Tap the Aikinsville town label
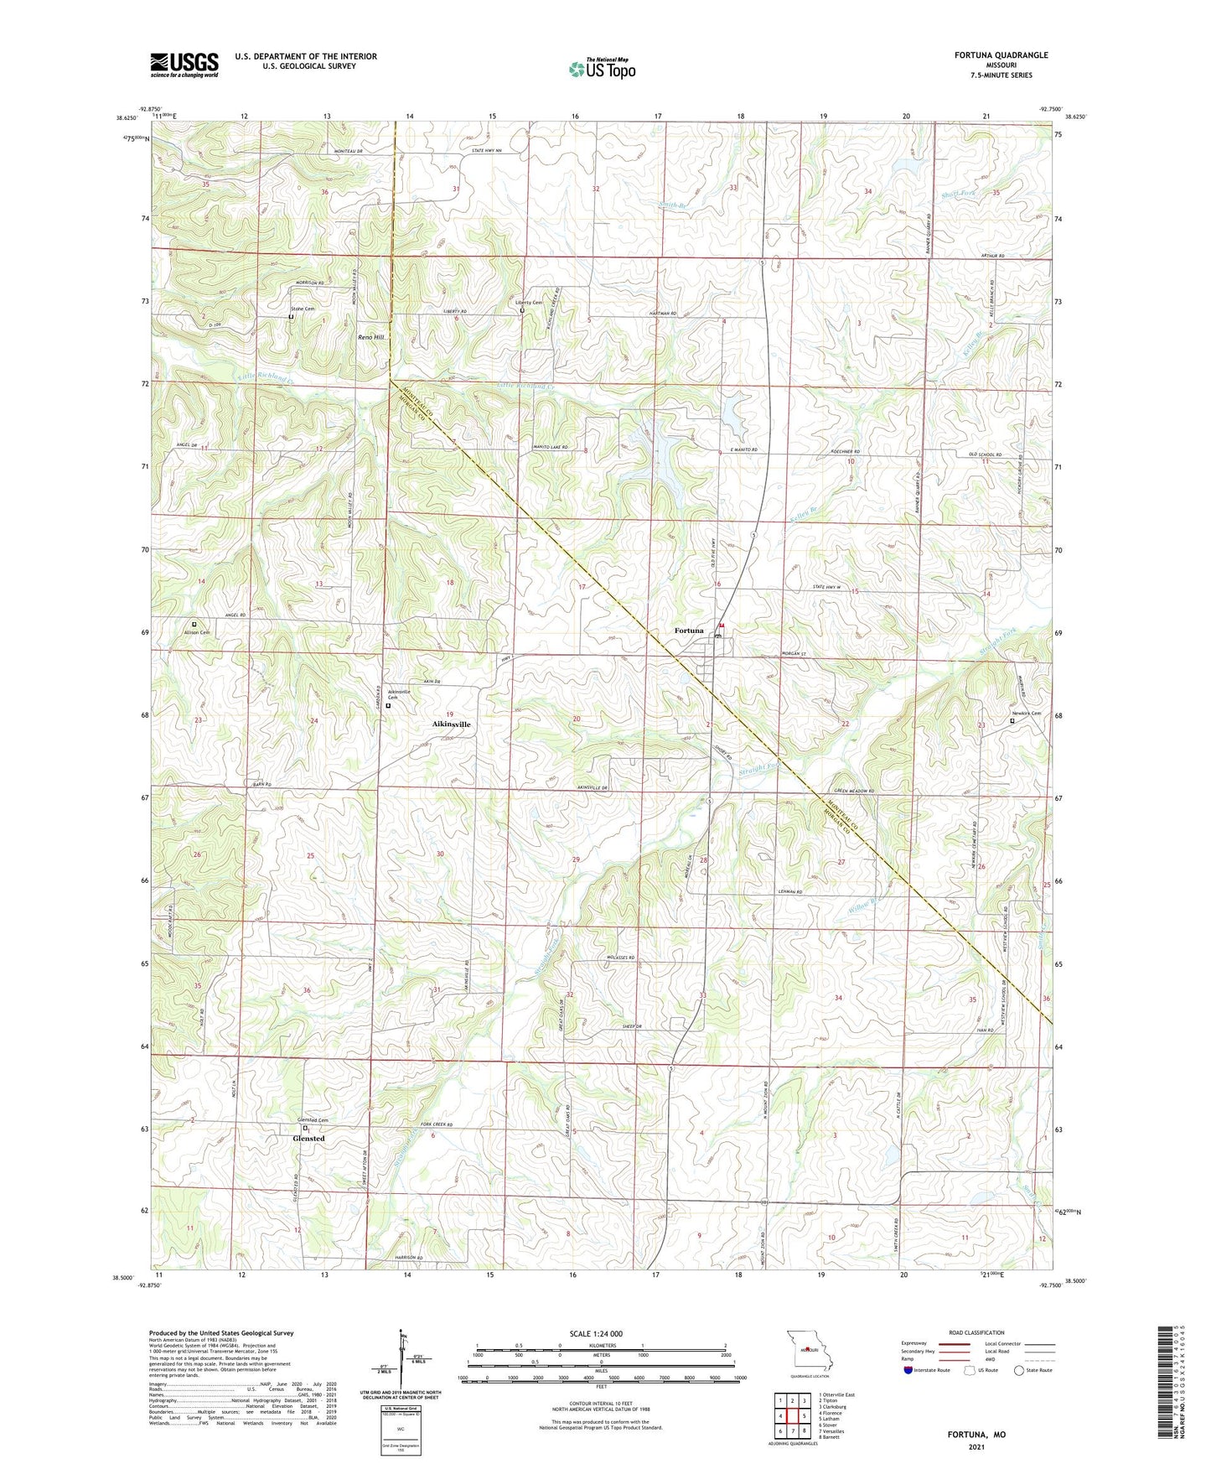click(x=451, y=724)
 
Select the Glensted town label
click(x=308, y=1139)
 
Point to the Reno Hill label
click(x=370, y=336)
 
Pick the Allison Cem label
click(x=195, y=632)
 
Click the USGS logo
click(x=184, y=65)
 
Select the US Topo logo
click(x=601, y=69)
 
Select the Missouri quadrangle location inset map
click(x=807, y=1352)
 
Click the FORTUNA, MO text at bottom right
click(x=976, y=1435)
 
